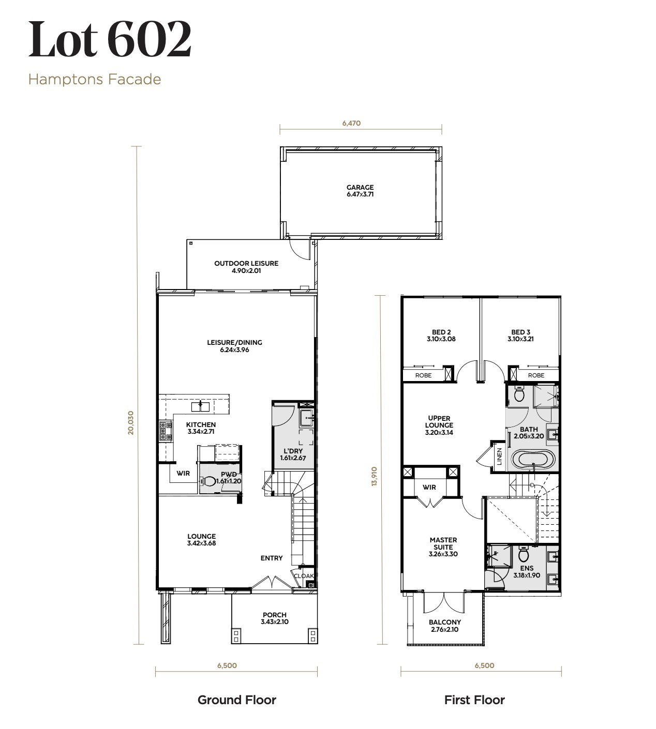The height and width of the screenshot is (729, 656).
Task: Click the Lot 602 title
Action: click(x=110, y=39)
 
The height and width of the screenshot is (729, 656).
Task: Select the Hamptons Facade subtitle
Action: click(x=95, y=80)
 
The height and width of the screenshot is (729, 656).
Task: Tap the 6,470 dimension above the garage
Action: click(x=351, y=123)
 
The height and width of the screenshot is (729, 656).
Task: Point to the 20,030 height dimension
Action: click(x=130, y=422)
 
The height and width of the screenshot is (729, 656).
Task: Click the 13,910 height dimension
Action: click(x=375, y=476)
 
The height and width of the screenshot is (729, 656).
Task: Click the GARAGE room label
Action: click(x=360, y=188)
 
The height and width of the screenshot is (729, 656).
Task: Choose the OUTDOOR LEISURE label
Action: click(x=246, y=264)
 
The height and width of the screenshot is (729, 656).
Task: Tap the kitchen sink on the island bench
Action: click(x=200, y=406)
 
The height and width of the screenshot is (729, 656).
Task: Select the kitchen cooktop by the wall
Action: click(x=166, y=431)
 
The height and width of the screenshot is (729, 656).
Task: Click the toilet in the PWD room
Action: click(x=207, y=481)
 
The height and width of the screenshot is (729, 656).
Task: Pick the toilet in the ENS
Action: click(x=524, y=554)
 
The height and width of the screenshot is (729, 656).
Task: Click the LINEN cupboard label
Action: click(x=499, y=457)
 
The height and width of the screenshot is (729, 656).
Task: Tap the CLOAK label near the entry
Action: click(x=304, y=576)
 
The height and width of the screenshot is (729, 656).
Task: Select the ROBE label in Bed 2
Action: click(x=423, y=375)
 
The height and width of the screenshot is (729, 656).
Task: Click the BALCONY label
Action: click(x=445, y=622)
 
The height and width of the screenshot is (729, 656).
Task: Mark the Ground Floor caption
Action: click(x=237, y=700)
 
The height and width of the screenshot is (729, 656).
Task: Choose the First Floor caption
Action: click(x=474, y=700)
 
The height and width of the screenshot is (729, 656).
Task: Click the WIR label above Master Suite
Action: click(x=429, y=488)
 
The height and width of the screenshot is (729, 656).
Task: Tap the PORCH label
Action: click(x=275, y=615)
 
